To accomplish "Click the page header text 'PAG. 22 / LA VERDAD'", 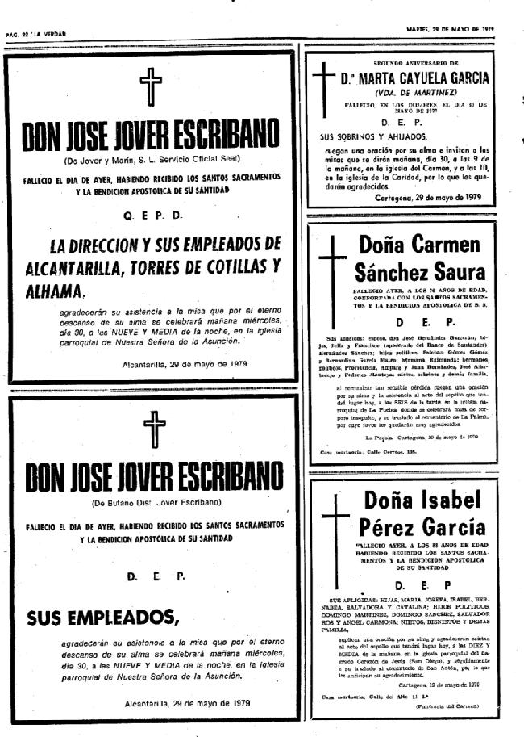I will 35,34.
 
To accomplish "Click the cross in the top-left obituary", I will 151,86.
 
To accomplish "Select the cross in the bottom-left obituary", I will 151,429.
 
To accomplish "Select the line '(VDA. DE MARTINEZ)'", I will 414,92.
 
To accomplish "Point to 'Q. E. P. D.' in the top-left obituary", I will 153,216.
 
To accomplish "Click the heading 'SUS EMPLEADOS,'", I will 102,619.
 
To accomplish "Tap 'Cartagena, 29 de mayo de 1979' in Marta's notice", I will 427,198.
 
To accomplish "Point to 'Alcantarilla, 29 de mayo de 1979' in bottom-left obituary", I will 186,703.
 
